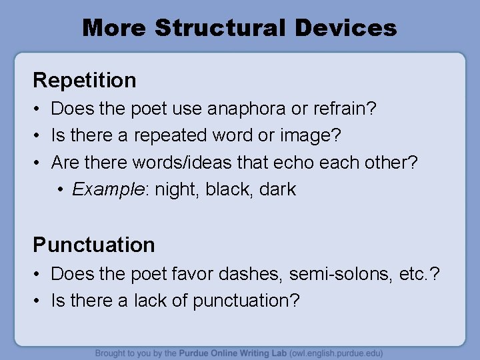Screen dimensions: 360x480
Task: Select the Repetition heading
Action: click(x=85, y=81)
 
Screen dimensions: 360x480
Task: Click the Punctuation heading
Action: click(x=94, y=245)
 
